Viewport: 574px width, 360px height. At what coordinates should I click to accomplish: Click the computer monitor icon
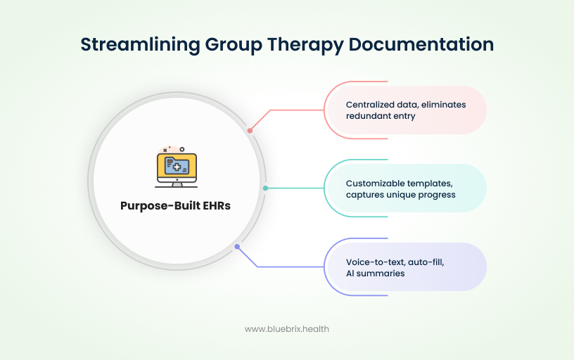tap(177, 167)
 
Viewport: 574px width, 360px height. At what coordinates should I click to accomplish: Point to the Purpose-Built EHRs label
tap(176, 206)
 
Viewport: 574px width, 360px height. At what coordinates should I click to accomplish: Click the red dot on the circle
tap(250, 131)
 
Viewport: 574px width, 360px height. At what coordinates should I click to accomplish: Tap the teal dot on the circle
tap(265, 188)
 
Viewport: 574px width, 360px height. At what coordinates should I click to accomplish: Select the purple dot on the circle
tap(237, 247)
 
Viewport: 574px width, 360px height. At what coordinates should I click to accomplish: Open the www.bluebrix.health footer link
tap(286, 328)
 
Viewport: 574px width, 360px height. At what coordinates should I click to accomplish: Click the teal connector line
tap(295, 188)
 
